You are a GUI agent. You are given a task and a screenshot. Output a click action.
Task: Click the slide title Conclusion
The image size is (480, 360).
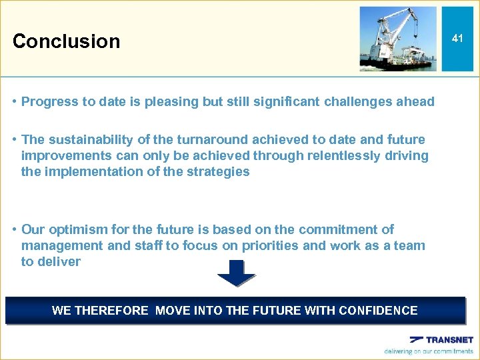coord(66,41)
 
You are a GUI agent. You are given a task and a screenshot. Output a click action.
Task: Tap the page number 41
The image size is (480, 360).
coord(457,39)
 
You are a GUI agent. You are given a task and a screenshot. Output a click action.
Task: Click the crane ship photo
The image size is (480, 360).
coord(398,39)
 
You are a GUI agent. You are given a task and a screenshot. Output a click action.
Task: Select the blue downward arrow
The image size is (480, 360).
coord(236,273)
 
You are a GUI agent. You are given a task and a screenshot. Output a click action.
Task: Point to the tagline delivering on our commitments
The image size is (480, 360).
coord(429,351)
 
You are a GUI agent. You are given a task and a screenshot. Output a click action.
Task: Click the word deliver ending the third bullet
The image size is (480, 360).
coord(59,261)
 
